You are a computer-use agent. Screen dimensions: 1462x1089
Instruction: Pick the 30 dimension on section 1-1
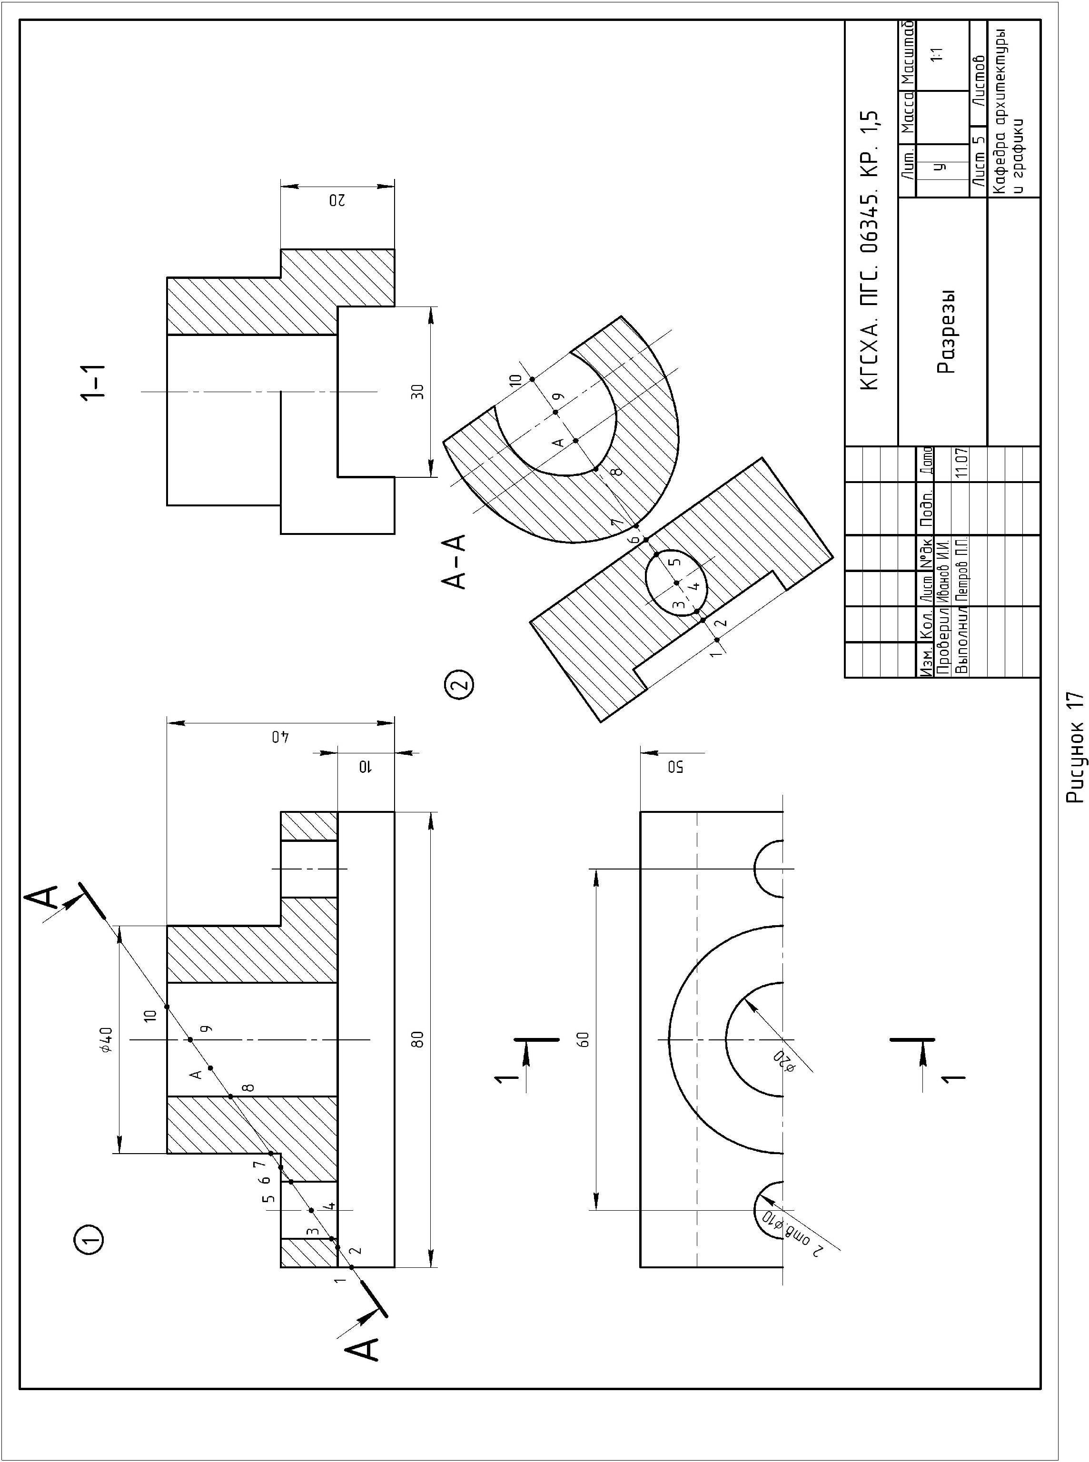coord(417,392)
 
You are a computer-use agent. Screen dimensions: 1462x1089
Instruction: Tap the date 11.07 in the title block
coord(961,464)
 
